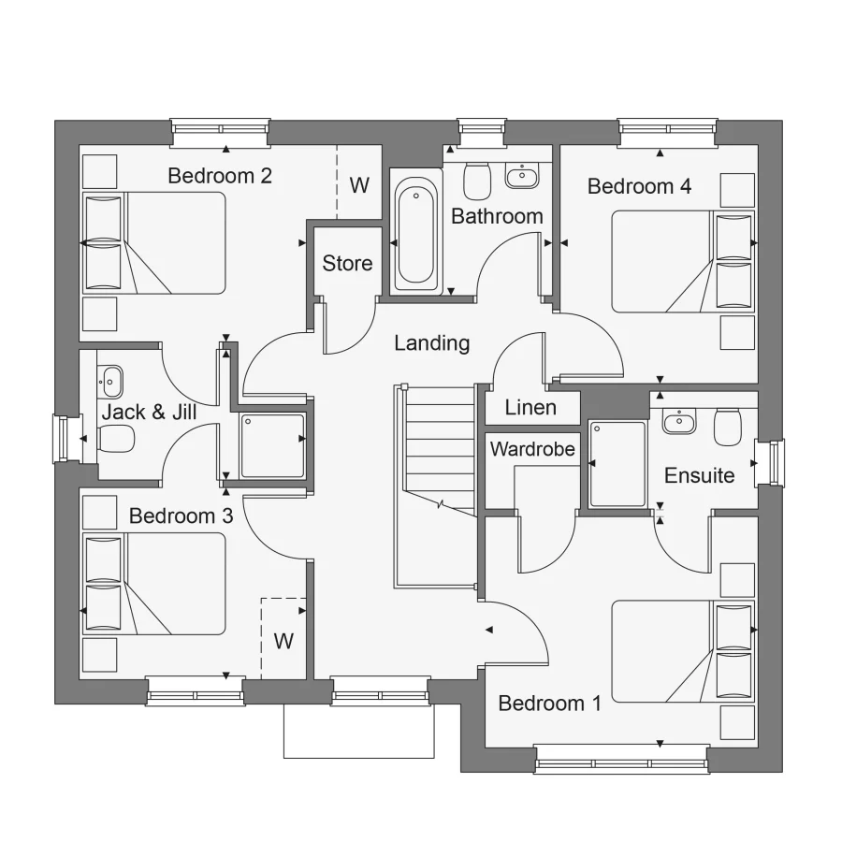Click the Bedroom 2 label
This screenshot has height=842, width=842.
(x=220, y=176)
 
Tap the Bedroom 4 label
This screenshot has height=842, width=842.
(x=639, y=186)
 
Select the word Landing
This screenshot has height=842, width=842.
(x=431, y=343)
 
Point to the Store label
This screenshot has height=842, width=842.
(x=347, y=264)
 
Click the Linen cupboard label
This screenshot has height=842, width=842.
(x=530, y=408)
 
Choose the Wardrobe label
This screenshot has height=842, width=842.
(x=532, y=449)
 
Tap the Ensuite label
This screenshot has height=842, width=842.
(x=699, y=475)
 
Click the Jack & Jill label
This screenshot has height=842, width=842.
(x=149, y=412)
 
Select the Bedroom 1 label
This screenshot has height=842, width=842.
(x=549, y=704)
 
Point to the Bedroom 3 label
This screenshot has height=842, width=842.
(x=181, y=515)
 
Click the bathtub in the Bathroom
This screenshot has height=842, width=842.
(x=416, y=235)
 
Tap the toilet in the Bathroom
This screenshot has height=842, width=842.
(x=477, y=180)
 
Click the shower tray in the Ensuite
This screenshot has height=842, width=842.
(x=617, y=464)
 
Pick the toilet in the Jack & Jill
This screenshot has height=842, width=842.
(x=116, y=437)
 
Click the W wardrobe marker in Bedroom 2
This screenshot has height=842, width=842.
(x=359, y=184)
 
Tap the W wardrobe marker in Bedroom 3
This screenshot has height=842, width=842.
(x=283, y=642)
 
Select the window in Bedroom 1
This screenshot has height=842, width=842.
(x=621, y=759)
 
